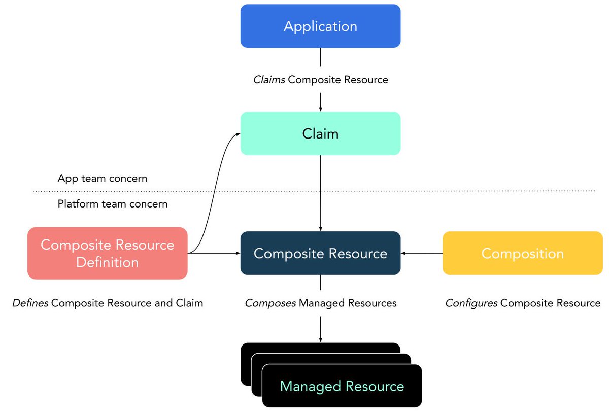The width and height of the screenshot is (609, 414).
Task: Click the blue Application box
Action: (x=320, y=26)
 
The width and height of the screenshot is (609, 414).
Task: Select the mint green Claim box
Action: (x=320, y=133)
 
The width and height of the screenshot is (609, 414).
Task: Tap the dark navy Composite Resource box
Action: (x=320, y=253)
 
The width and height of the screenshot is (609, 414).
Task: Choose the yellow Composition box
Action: (x=522, y=253)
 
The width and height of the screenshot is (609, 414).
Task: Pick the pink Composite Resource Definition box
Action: (x=107, y=253)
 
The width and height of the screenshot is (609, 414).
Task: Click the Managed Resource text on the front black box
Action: (x=342, y=386)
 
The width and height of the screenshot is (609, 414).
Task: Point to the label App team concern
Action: (x=103, y=178)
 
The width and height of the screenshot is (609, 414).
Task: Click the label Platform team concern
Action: (x=113, y=204)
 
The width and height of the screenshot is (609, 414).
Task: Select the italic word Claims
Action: (x=269, y=80)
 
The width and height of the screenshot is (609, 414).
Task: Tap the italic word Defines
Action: (x=30, y=303)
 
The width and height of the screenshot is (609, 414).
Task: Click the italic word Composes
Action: (x=270, y=303)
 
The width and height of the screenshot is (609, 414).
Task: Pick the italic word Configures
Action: (x=471, y=303)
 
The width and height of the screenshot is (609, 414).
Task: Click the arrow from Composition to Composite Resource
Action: (x=421, y=253)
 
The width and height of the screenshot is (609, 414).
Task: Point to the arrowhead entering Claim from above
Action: (x=320, y=109)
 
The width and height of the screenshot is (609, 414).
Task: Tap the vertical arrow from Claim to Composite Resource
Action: (x=320, y=193)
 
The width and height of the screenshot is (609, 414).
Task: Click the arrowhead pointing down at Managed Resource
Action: (x=320, y=339)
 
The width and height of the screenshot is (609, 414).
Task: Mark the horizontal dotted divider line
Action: (x=406, y=191)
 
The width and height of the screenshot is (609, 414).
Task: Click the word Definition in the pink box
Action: (x=107, y=262)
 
